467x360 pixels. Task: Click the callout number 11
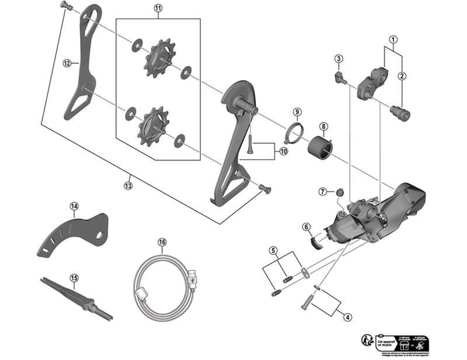[x=158, y=9]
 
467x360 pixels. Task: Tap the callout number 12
[x=67, y=62]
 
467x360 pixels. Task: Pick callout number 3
[x=338, y=58]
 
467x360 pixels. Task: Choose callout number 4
[x=348, y=317]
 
